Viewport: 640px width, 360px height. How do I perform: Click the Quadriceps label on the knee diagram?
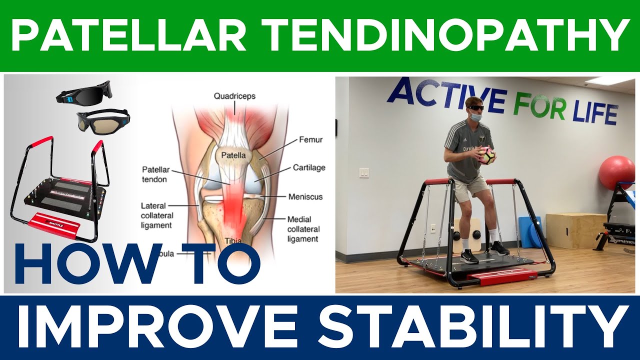[234, 96]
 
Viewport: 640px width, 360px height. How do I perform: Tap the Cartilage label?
[308, 167]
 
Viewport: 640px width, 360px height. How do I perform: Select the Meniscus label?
[306, 196]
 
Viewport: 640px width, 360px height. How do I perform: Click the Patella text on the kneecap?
[230, 155]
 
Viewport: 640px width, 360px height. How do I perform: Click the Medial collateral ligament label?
[302, 229]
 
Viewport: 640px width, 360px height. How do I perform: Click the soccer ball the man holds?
[486, 155]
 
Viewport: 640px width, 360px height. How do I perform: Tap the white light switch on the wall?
[364, 173]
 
